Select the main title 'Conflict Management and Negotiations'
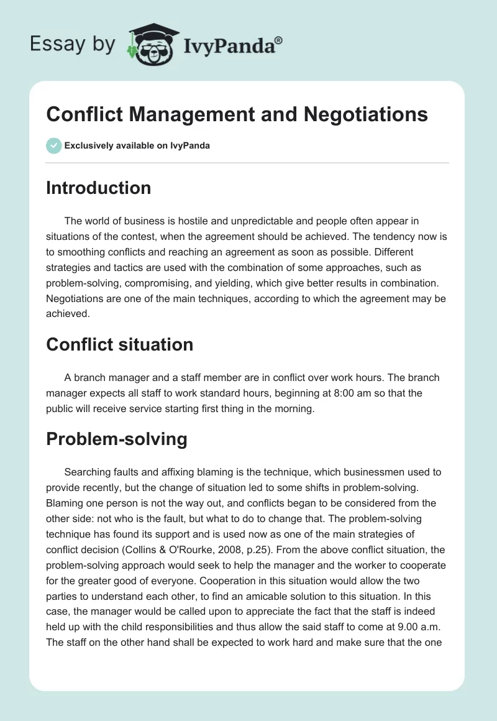click(237, 114)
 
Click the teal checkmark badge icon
click(53, 145)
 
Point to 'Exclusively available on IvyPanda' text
click(137, 146)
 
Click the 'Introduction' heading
click(98, 188)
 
